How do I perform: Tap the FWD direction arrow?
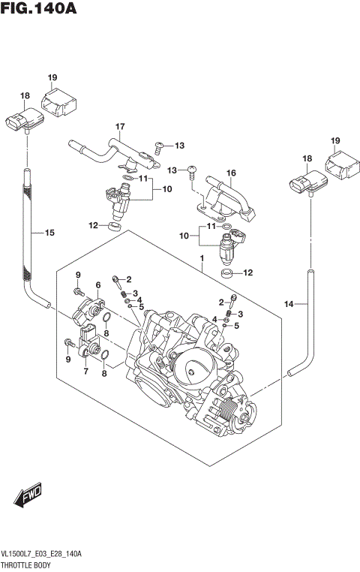(x=29, y=496)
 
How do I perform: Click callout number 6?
(x=97, y=284)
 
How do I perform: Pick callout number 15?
(x=49, y=233)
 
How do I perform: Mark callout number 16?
(x=231, y=173)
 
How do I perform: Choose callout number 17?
(x=118, y=125)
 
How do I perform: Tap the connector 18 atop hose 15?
(x=22, y=119)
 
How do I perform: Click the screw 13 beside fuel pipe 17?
(x=158, y=145)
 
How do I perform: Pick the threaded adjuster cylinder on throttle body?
(x=226, y=411)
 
